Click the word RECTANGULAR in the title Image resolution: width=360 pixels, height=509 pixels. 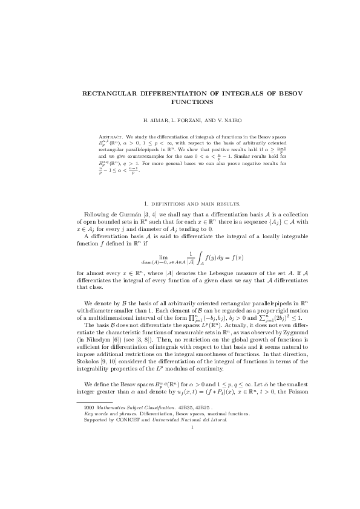tap(111, 94)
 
